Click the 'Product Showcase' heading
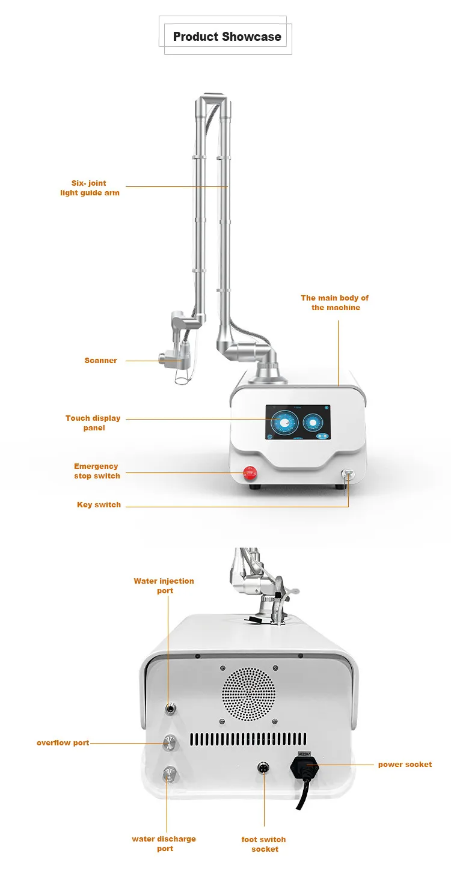[x=227, y=37]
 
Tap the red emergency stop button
[x=250, y=472]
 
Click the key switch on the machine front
[x=348, y=474]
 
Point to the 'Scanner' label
[x=100, y=361]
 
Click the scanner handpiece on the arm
[x=174, y=359]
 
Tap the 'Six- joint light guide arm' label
[x=90, y=188]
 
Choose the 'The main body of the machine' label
[x=335, y=302]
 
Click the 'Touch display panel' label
[x=93, y=423]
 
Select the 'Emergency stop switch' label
[x=97, y=471]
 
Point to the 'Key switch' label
[x=99, y=505]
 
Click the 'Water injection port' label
[x=164, y=585]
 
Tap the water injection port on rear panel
[x=171, y=709]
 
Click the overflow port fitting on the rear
[x=170, y=744]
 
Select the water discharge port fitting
[x=170, y=773]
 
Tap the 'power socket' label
[x=405, y=765]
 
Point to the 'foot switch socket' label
[x=264, y=844]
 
